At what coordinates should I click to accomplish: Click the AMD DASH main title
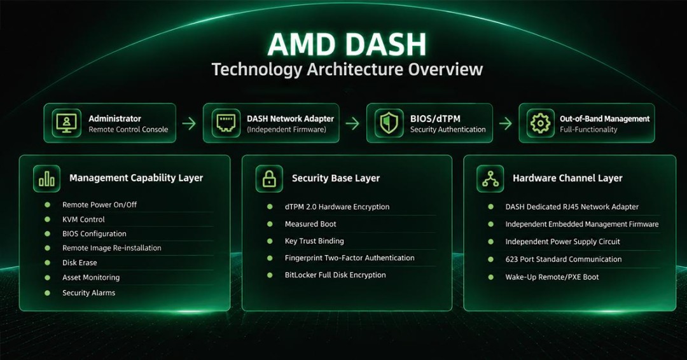(347, 45)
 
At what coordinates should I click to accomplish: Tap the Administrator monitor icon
(67, 123)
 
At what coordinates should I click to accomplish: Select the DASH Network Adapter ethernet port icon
(226, 123)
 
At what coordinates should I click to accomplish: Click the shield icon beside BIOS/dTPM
(389, 123)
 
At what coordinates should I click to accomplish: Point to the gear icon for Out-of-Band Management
(540, 123)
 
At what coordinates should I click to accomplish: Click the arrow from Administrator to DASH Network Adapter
(190, 123)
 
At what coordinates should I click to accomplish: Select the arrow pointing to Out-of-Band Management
(506, 123)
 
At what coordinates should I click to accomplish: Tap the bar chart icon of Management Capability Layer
(47, 179)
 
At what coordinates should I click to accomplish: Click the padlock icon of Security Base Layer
(269, 179)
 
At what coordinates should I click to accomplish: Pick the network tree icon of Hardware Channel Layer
(490, 179)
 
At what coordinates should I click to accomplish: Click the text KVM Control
(83, 219)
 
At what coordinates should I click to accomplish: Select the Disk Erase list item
(80, 263)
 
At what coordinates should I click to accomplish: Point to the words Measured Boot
(310, 224)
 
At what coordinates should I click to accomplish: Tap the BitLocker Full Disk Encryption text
(335, 275)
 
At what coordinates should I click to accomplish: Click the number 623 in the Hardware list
(511, 260)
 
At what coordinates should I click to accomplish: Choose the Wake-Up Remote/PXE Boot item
(552, 277)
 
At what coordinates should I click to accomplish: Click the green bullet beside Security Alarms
(47, 293)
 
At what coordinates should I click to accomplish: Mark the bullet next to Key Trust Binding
(270, 241)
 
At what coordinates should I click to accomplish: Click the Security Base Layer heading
(336, 178)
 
